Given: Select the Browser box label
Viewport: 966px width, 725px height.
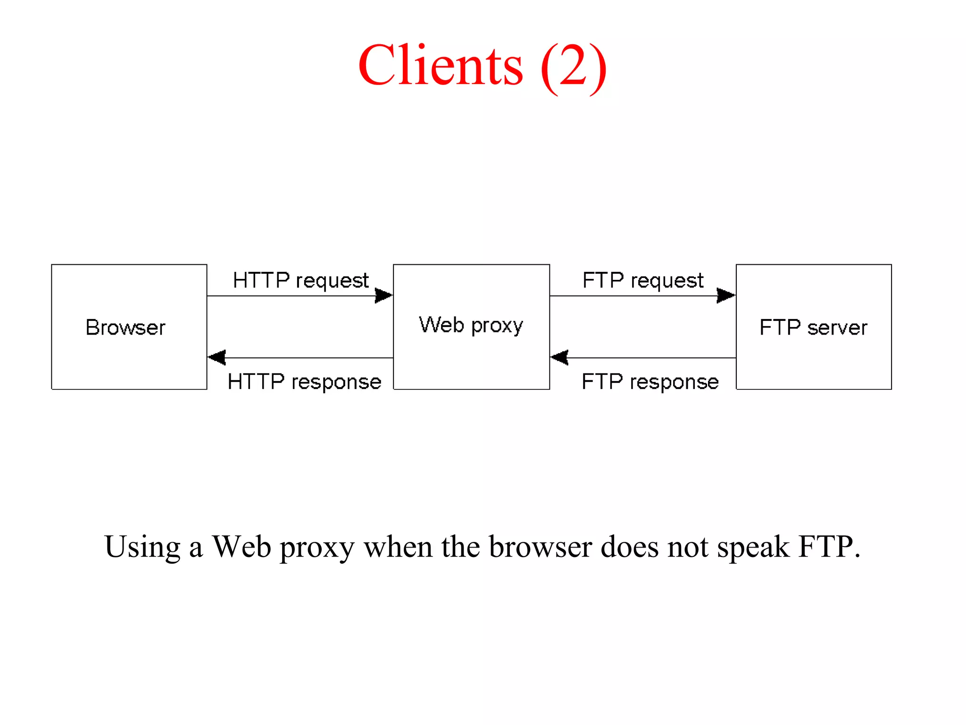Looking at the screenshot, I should coord(125,328).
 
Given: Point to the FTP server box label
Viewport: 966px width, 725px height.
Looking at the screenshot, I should coord(813,328).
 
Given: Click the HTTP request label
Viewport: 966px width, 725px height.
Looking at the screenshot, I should coord(300,280).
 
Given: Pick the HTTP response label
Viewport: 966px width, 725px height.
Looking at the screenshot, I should coord(304,381).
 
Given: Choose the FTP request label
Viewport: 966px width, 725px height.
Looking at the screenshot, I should coord(643,280).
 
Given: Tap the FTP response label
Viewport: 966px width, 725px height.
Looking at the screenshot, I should coord(650,381).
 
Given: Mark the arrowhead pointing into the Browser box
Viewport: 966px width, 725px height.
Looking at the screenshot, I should coord(217,357).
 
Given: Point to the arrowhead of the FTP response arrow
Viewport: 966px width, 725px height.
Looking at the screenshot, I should coord(559,357).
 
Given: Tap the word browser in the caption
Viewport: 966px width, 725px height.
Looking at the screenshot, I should coord(540,548).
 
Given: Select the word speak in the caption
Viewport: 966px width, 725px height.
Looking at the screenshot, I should coord(753,548).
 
